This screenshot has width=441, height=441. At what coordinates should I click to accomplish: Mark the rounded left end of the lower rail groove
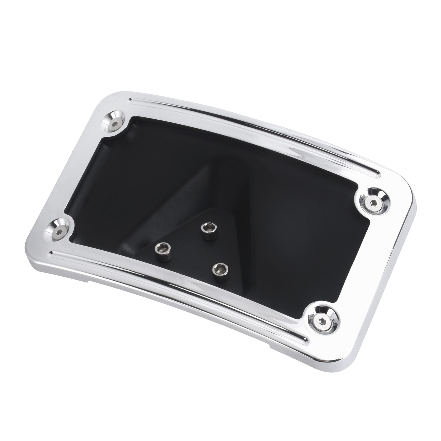pos(51,252)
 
